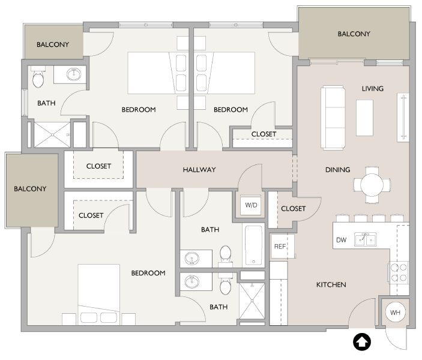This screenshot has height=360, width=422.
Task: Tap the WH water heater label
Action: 395,313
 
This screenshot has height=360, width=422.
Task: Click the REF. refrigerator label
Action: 280,247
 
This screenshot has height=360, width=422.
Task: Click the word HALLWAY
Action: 199,170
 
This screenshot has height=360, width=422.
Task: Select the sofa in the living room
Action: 333,117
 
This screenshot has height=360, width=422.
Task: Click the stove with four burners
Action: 399,272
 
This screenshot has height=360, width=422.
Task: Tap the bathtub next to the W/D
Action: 253,245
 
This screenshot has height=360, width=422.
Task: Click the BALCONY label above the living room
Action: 354,34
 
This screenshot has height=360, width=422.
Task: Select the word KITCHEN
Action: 331,284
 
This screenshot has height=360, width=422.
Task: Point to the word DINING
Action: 337,170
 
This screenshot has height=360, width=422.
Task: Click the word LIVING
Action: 372,89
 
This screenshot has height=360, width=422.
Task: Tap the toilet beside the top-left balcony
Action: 38,79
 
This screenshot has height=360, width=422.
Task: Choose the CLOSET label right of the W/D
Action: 293,209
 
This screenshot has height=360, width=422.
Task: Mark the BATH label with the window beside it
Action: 46,103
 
